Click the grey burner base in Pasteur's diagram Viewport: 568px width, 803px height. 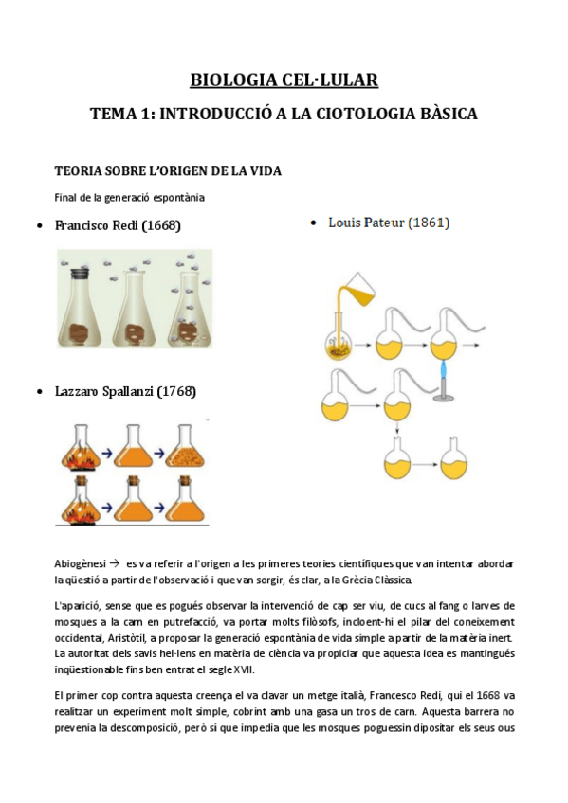[442, 397]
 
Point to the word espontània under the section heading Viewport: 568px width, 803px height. [177, 197]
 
